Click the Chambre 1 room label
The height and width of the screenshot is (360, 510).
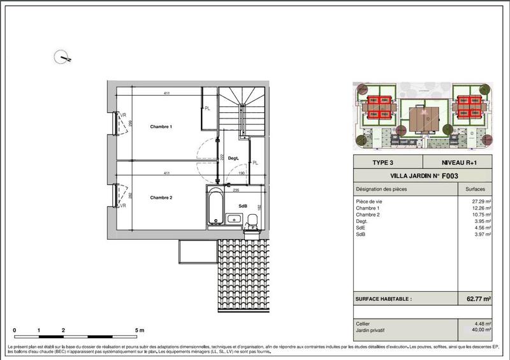(161, 127)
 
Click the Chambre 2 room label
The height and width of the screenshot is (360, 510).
(161, 198)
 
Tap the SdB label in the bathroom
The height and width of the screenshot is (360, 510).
(242, 206)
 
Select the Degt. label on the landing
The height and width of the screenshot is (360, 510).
(233, 158)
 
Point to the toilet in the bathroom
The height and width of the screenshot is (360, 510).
(252, 220)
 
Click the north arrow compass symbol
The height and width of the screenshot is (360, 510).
(64, 57)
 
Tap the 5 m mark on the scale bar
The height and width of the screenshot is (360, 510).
(140, 331)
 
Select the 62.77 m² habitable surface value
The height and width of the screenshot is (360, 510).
(477, 298)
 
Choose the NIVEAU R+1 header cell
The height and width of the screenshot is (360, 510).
(459, 162)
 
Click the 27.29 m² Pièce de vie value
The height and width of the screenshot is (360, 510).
(481, 201)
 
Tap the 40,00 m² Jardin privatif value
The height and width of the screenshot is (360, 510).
(480, 330)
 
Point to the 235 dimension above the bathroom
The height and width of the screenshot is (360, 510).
(235, 190)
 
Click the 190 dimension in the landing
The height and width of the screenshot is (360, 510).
(242, 173)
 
